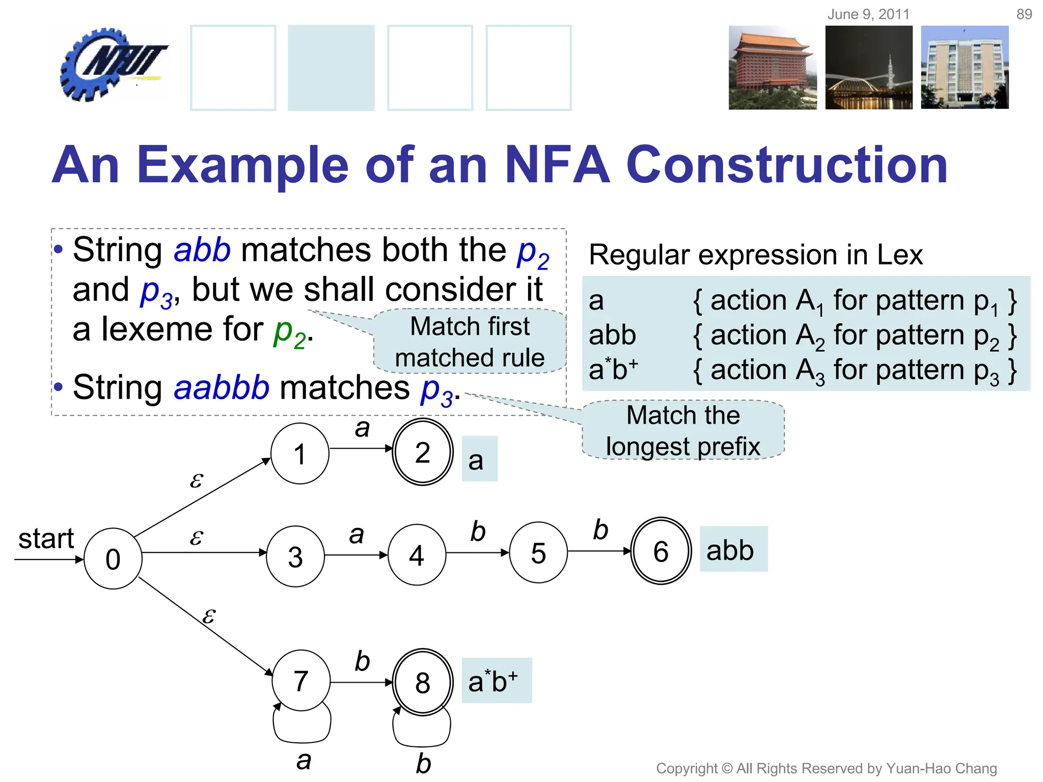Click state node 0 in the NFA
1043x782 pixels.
(113, 559)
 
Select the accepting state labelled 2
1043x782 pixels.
(422, 452)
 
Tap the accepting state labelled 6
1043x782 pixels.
(661, 551)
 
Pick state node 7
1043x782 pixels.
(300, 681)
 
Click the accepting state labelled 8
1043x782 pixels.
(422, 682)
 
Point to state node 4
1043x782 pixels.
(417, 555)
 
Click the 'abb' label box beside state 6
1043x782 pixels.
(732, 549)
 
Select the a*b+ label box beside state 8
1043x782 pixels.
(496, 681)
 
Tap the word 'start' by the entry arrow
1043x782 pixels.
(46, 539)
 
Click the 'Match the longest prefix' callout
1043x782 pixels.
(682, 431)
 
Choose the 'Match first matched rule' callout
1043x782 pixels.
(470, 342)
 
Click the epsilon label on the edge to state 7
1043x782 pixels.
(209, 616)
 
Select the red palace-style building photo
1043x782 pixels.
(772, 68)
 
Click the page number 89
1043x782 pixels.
(1024, 14)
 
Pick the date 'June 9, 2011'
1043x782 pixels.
(868, 14)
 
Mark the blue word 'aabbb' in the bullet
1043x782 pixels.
(221, 387)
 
